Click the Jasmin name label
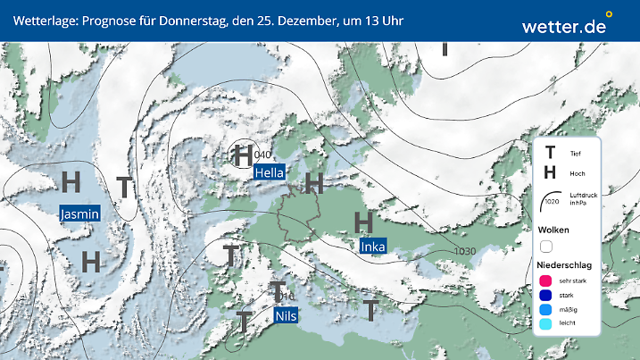(x=79, y=213)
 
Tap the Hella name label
(x=269, y=172)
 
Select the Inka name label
(x=372, y=246)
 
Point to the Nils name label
(x=286, y=316)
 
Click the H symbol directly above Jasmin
(x=71, y=181)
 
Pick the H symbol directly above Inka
(x=363, y=221)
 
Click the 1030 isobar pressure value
(x=465, y=251)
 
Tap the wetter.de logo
(x=565, y=25)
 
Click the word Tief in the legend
(x=575, y=154)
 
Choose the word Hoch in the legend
(x=577, y=173)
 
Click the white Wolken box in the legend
(x=547, y=246)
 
